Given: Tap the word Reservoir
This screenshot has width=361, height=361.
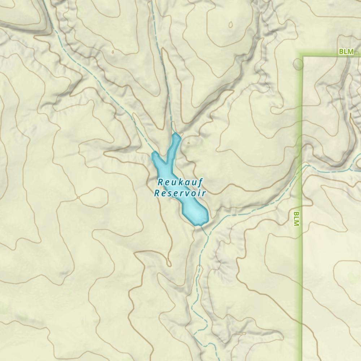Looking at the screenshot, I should (180, 193).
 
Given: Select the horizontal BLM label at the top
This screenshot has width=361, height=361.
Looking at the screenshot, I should (346, 52).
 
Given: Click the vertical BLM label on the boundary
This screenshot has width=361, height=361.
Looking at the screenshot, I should (296, 219).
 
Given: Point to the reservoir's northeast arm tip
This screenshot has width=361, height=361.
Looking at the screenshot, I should (177, 135).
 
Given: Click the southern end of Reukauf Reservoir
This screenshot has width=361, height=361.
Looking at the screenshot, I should (198, 224).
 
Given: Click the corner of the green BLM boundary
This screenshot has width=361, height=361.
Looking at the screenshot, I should (302, 56).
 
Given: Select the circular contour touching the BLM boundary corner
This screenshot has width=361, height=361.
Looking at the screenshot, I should (298, 64).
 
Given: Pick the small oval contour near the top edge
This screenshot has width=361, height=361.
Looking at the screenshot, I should (230, 25).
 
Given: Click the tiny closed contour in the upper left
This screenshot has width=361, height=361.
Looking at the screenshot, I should (113, 52).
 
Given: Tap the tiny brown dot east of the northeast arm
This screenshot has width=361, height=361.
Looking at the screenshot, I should (188, 143).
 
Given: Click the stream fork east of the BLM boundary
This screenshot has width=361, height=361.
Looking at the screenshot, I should (351, 170).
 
